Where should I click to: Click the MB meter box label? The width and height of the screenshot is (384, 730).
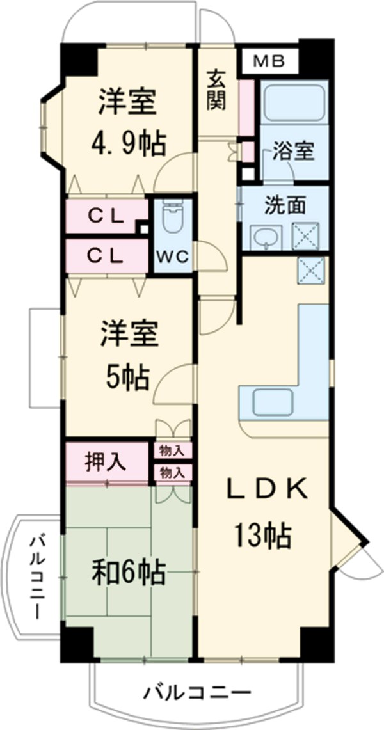[x=268, y=61]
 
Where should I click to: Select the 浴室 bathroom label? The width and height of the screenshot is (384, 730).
[x=293, y=152]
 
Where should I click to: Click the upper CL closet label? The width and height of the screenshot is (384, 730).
[x=106, y=217]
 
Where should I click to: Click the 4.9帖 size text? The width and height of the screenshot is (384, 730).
[x=127, y=145]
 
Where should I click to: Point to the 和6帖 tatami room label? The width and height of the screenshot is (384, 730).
[x=128, y=571]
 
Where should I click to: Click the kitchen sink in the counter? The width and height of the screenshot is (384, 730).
[x=273, y=402]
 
